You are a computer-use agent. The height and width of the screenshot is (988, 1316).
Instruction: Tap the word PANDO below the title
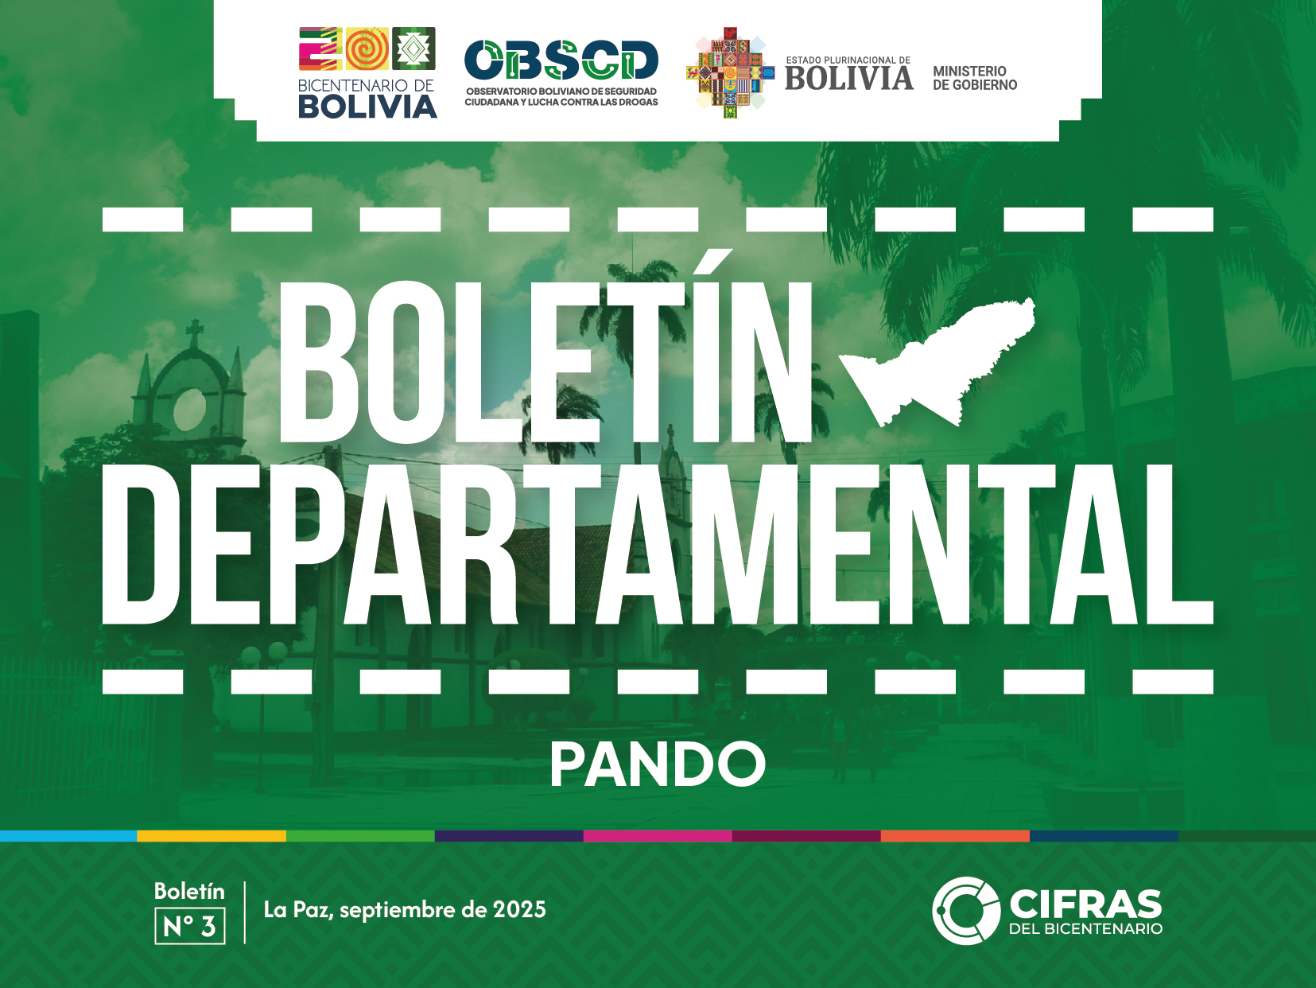(658, 764)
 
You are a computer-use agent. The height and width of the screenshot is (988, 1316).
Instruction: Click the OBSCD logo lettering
(561, 60)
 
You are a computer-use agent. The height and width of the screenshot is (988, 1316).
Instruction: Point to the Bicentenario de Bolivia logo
(367, 72)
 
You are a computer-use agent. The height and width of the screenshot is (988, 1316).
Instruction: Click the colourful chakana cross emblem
(730, 72)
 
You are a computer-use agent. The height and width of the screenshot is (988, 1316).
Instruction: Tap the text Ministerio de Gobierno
(975, 79)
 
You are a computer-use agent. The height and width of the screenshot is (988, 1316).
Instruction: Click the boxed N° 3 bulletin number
(190, 926)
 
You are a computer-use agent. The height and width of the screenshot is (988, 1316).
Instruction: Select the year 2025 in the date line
(519, 909)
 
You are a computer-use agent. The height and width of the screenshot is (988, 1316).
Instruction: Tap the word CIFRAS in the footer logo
(1085, 904)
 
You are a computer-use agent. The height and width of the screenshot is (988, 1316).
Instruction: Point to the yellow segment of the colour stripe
(212, 836)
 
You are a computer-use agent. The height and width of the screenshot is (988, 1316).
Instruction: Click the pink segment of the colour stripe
(658, 836)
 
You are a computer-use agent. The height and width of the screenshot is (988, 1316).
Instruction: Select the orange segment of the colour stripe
(955, 836)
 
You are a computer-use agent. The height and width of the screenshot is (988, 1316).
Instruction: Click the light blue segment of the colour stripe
(68, 836)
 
